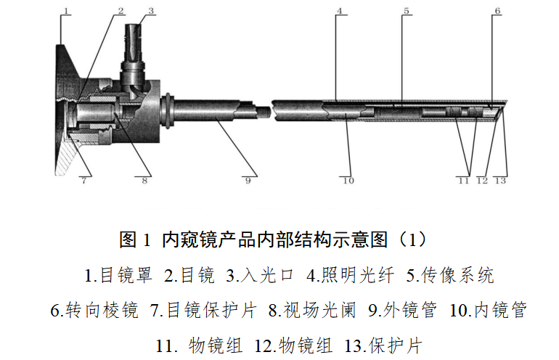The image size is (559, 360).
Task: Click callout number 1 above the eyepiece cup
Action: click(65, 11)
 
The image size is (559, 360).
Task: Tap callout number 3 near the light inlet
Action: click(151, 11)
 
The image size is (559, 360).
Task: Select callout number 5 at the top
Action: click(407, 11)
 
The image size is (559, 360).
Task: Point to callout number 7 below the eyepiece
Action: click(83, 180)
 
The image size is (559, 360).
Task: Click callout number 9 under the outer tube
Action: click(248, 180)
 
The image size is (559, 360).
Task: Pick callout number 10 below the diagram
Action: click(348, 181)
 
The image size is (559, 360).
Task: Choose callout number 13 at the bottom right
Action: click(500, 181)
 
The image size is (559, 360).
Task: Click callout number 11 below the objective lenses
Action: click(463, 181)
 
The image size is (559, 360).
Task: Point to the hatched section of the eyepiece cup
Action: click(66, 159)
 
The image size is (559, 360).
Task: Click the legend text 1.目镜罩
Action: click(118, 276)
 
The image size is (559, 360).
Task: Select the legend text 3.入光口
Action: click(260, 276)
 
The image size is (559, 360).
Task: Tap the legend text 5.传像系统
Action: click(450, 276)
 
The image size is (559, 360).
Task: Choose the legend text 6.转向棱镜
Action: click(94, 310)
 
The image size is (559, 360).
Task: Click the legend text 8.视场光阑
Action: click(312, 310)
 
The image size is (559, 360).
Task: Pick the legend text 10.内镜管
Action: click(488, 310)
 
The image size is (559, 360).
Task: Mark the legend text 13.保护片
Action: click(383, 345)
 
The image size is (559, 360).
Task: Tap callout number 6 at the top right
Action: click(497, 11)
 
